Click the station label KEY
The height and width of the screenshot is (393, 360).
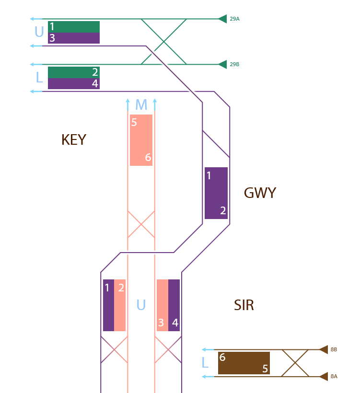pyautogui.click(x=74, y=140)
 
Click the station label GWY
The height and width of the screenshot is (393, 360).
pyautogui.click(x=260, y=193)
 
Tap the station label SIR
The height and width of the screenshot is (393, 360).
pyautogui.click(x=244, y=305)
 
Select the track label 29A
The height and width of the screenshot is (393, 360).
pyautogui.click(x=234, y=19)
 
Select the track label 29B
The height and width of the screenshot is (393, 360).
pyautogui.click(x=234, y=64)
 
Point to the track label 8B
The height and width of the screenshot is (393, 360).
pyautogui.click(x=334, y=350)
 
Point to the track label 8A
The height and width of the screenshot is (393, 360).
pyautogui.click(x=334, y=377)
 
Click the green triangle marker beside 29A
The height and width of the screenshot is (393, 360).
pyautogui.click(x=222, y=19)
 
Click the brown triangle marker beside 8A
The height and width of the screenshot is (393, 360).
pyautogui.click(x=324, y=377)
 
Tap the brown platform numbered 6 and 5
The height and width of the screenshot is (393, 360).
pyautogui.click(x=244, y=363)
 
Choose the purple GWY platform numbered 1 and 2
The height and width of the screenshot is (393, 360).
pyautogui.click(x=216, y=193)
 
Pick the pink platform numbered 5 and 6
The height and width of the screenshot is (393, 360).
pyautogui.click(x=141, y=140)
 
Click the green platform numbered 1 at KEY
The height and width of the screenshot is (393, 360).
pyautogui.click(x=74, y=26)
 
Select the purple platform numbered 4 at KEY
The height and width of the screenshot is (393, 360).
pyautogui.click(x=74, y=84)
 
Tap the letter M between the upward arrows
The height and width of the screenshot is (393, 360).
pyautogui.click(x=141, y=104)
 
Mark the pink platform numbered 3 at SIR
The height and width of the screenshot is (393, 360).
pyautogui.click(x=163, y=305)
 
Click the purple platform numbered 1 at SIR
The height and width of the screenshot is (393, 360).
pyautogui.click(x=108, y=305)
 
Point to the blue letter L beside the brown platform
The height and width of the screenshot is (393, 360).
pyautogui.click(x=205, y=363)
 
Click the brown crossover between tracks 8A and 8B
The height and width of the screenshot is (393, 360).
pyautogui.click(x=295, y=363)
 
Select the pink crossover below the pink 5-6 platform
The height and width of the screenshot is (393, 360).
pyautogui.click(x=141, y=224)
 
